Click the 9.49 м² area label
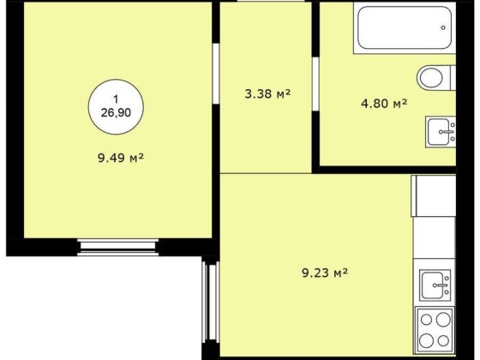click(121, 158)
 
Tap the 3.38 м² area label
click(267, 93)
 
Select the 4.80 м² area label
click(384, 104)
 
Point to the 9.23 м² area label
click(325, 273)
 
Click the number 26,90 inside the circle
click(116, 113)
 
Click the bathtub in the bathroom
click(405, 27)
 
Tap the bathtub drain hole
click(443, 27)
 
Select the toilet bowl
click(430, 78)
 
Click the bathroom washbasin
click(441, 132)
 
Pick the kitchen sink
click(435, 285)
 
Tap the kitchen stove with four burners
click(435, 330)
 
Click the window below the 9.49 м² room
click(118, 248)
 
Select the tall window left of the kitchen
click(210, 301)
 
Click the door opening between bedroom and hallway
click(216, 74)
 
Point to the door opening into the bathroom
click(315, 84)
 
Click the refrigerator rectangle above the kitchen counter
click(433, 196)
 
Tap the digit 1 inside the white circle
click(116, 99)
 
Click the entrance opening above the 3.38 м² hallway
click(271, 1)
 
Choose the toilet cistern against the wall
click(453, 78)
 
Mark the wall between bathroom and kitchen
click(387, 170)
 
